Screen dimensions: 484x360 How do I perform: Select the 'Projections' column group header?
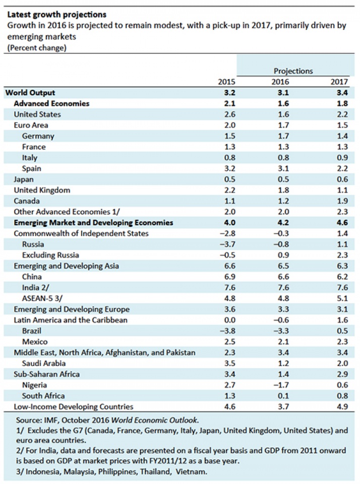click(x=293, y=71)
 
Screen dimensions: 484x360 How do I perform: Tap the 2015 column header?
click(x=226, y=82)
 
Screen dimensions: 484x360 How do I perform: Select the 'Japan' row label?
click(x=24, y=179)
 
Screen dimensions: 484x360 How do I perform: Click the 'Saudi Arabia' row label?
click(x=44, y=363)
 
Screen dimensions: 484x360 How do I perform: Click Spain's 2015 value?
click(x=226, y=168)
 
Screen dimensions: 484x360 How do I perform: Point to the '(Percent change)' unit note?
click(x=37, y=48)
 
